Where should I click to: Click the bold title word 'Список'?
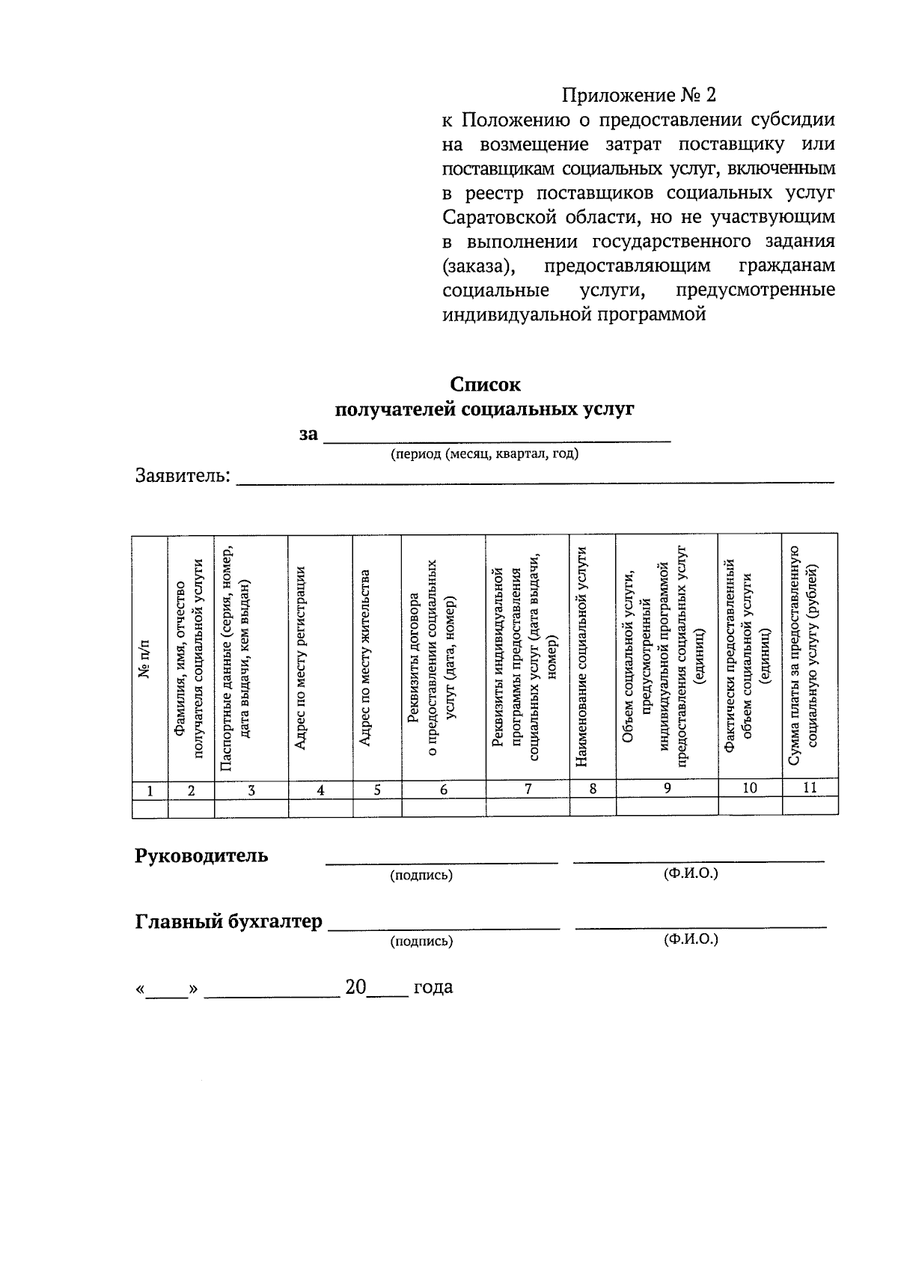pyautogui.click(x=484, y=385)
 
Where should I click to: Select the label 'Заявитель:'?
pyautogui.click(x=183, y=476)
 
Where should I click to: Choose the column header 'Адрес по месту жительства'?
pyautogui.click(x=365, y=659)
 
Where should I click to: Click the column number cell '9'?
pyautogui.click(x=667, y=788)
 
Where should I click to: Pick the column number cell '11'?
pyautogui.click(x=810, y=788)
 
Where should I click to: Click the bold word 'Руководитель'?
pyautogui.click(x=201, y=855)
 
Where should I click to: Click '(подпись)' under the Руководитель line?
pyautogui.click(x=421, y=875)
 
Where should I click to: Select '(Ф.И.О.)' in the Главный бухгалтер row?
pyautogui.click(x=691, y=939)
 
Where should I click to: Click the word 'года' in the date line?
pyautogui.click(x=433, y=987)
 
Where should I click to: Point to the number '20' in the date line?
pyautogui.click(x=355, y=987)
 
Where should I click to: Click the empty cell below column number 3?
pyautogui.click(x=251, y=808)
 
